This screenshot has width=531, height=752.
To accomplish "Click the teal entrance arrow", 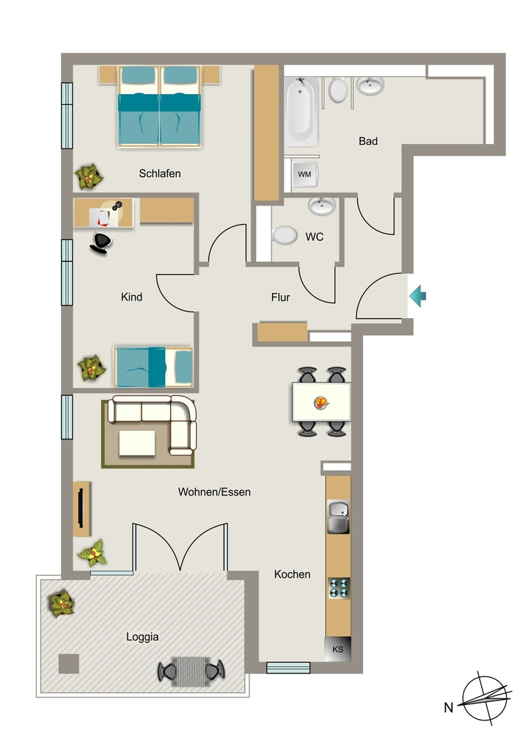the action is pos(417,296).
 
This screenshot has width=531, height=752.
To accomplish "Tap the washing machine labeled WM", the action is pos(304,174).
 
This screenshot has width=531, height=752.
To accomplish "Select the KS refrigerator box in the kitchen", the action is pos(338,649).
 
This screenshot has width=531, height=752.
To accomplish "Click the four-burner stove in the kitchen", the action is pos(339,588).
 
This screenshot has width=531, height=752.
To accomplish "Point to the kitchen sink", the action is pos(338,516).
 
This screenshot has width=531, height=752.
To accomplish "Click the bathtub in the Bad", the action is pos(301,112).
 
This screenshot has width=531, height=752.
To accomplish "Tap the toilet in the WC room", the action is pos(285,236).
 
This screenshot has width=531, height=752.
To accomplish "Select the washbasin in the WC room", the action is pos(322,206).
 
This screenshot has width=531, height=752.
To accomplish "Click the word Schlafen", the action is pos(160,173).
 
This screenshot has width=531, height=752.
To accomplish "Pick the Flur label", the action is pos(281,297).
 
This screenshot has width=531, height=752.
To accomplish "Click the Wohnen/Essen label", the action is pos(214,491).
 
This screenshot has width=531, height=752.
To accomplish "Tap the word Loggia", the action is pos(142,637).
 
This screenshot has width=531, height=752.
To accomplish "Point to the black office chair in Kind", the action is pos(100,242).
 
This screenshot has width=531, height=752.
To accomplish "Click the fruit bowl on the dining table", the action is pos(321,402).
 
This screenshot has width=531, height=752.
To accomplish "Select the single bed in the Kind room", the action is pos(153,367).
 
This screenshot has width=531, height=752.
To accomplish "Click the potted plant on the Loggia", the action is pos(62,604).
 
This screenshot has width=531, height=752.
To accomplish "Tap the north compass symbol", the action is pos(485,698).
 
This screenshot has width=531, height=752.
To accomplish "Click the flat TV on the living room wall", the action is pos(81,508).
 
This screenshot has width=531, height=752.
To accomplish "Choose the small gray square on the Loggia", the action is pos(68,664).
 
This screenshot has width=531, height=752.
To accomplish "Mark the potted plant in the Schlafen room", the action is pos(89,176).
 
